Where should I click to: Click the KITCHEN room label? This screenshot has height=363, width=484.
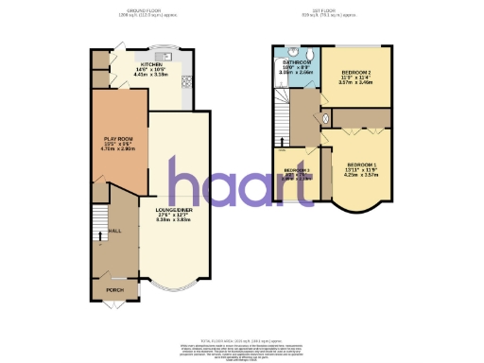click(152, 63)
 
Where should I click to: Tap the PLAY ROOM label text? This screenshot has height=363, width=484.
click(119, 139)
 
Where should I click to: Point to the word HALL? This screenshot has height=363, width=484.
click(115, 231)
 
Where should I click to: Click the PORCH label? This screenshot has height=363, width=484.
click(113, 290)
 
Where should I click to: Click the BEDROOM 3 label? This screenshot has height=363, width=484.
click(297, 170)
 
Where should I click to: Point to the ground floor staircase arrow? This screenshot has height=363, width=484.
click(95, 234)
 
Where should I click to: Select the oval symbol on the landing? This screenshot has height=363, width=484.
click(325, 119)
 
